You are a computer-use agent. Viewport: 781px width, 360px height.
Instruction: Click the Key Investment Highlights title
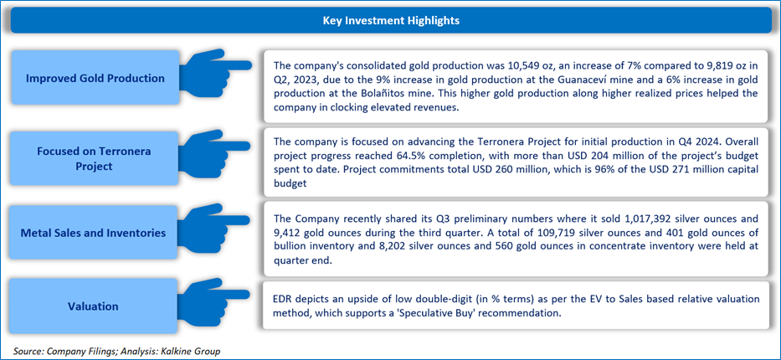coord(391,21)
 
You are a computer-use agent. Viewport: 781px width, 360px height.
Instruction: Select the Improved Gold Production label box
coord(95,78)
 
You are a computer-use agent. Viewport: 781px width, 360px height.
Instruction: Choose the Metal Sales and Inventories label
coord(95,232)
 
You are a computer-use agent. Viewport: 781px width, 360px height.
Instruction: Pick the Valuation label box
coord(95,306)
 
